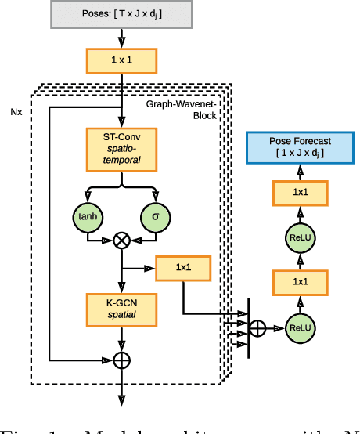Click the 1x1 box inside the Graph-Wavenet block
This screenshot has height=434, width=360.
click(x=183, y=269)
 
